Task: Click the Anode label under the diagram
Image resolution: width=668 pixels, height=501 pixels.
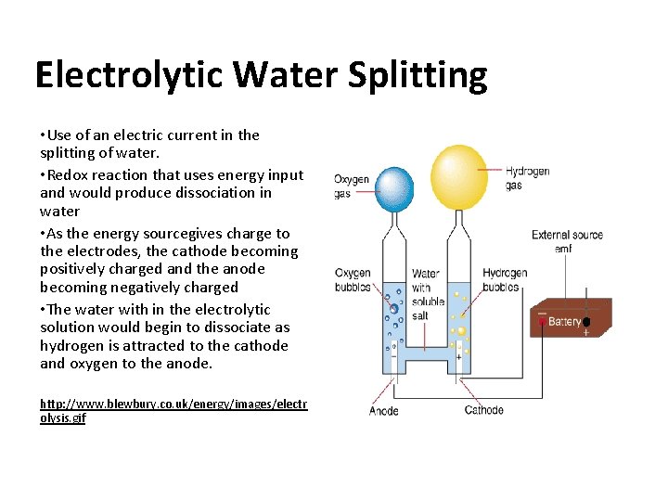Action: (x=383, y=410)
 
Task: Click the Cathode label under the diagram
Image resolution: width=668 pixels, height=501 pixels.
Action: (x=484, y=410)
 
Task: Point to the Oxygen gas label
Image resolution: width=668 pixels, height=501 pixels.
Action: (x=352, y=186)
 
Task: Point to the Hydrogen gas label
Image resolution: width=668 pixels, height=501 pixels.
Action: (x=527, y=178)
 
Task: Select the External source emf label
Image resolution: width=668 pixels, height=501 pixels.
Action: (x=567, y=241)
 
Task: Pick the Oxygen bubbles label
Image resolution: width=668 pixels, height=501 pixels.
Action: (x=353, y=280)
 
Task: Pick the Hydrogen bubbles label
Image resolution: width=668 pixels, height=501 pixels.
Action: (x=505, y=280)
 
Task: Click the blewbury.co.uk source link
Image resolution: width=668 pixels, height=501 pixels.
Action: (x=173, y=411)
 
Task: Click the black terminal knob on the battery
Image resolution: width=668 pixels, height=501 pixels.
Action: (x=586, y=322)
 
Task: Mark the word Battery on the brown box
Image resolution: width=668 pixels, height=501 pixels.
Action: (x=564, y=322)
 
